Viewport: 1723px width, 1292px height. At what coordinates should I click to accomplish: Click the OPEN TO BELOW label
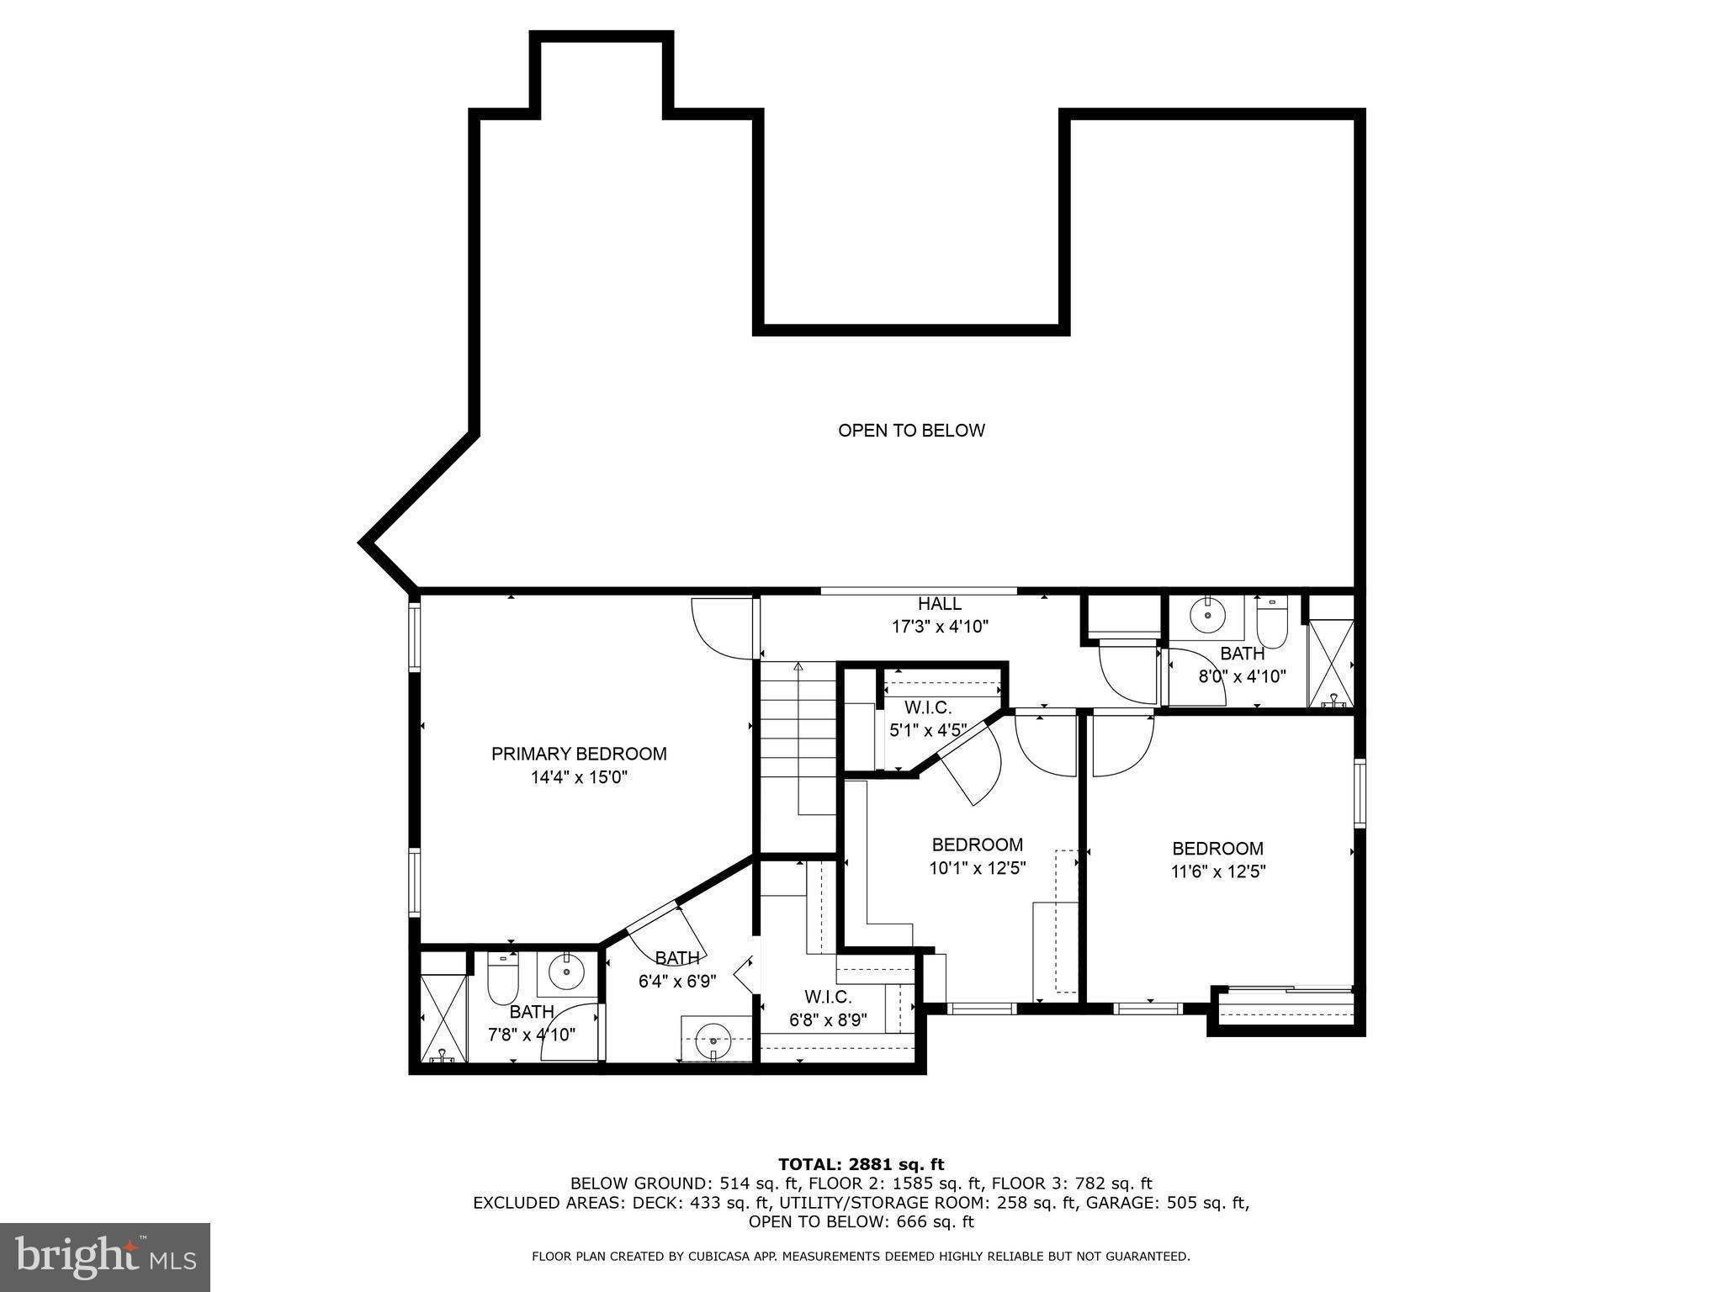tap(911, 431)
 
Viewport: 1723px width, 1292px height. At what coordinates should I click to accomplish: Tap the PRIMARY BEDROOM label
tap(579, 754)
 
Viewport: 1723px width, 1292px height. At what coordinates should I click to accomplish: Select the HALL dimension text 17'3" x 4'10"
tap(940, 627)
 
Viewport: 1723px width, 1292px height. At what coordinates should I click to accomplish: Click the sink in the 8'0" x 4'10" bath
tap(1208, 616)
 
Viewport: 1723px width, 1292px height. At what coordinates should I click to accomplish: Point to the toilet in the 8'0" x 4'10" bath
tap(1271, 622)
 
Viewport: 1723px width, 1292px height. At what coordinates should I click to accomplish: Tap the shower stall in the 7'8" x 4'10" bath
tap(443, 1006)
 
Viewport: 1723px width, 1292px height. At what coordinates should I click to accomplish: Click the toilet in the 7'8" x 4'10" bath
tap(503, 976)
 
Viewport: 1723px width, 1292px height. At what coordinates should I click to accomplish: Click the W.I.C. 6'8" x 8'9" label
tap(828, 1009)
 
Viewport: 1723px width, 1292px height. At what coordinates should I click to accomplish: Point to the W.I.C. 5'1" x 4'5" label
tap(928, 719)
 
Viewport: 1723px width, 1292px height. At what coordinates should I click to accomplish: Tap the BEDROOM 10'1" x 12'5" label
tap(978, 856)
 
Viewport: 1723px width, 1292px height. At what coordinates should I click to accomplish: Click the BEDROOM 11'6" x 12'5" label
tap(1218, 860)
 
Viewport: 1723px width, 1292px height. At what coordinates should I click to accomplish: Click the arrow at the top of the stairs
tap(798, 668)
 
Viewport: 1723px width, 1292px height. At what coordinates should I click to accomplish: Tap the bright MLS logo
tap(105, 1258)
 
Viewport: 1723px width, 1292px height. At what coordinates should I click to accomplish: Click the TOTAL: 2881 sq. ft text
tap(861, 1164)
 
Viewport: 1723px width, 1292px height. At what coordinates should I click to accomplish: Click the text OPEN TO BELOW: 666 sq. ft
tap(861, 1222)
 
